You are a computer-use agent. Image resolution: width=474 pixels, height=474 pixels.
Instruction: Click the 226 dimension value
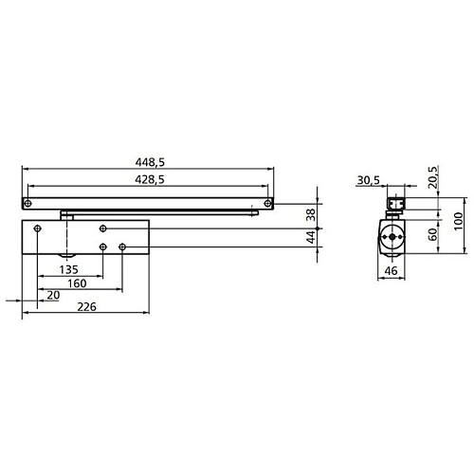[x=85, y=306]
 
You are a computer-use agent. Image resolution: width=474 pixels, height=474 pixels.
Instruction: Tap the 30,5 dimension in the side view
[x=370, y=179]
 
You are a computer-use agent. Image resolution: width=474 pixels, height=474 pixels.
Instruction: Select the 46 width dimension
[x=389, y=271]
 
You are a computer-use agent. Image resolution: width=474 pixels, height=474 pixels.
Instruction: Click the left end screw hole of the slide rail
[x=28, y=203]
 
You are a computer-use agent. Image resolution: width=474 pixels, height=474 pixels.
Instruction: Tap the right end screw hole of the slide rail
[x=268, y=203]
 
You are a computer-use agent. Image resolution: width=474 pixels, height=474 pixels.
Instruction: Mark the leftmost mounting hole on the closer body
[x=36, y=229]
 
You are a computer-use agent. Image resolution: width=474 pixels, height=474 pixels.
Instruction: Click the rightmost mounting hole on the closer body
[x=123, y=248]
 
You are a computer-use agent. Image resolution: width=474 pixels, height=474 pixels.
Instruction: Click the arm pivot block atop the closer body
[x=66, y=216]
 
